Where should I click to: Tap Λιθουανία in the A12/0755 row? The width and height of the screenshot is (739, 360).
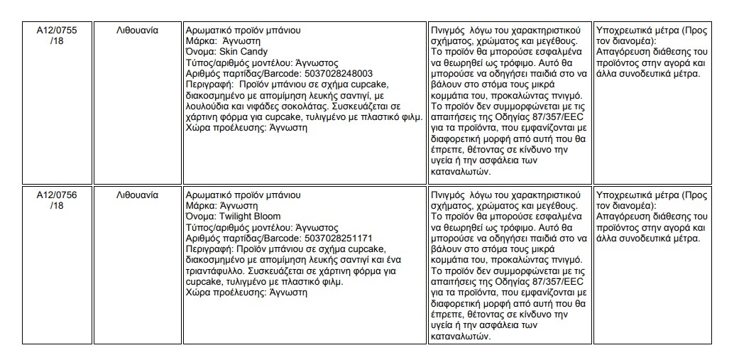click(137, 31)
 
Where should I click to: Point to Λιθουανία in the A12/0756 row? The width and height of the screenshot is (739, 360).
click(137, 194)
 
